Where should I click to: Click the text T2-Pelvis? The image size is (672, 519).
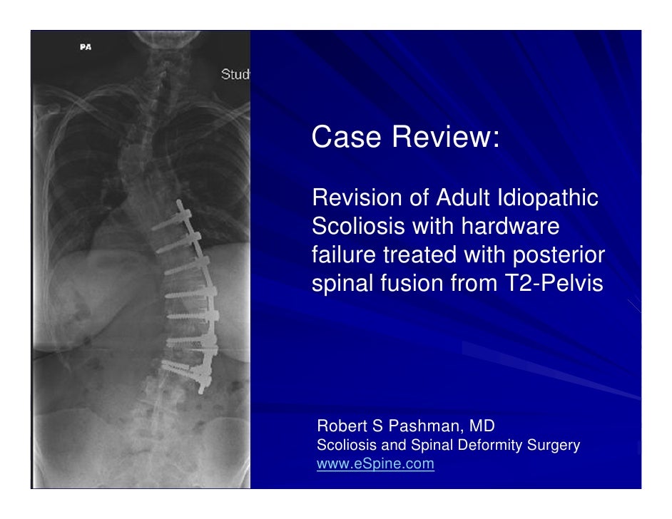point(550,283)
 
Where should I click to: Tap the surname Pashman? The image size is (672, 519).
point(420,427)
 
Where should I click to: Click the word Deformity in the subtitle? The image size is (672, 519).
point(489,446)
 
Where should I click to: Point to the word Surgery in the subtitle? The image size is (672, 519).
point(554,446)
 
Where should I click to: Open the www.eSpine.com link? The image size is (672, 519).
point(375,464)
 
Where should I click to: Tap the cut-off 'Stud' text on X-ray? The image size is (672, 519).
point(235,74)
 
